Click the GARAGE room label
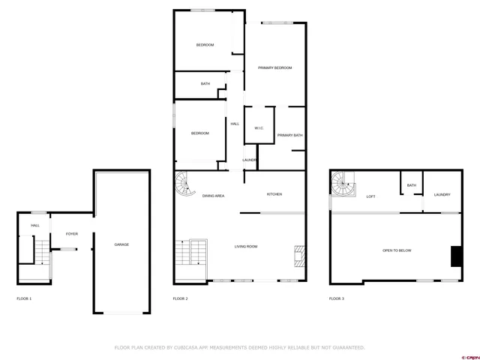click(121, 245)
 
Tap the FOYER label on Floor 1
click(72, 234)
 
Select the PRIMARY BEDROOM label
click(274, 68)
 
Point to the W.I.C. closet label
click(259, 128)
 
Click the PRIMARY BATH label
click(289, 135)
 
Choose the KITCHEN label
click(274, 195)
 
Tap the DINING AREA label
click(214, 196)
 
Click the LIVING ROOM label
click(247, 246)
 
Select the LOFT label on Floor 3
click(370, 196)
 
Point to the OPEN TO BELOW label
click(397, 250)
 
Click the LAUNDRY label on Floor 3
click(442, 195)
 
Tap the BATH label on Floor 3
click(412, 185)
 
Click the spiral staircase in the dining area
click(184, 182)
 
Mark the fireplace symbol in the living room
click(299, 256)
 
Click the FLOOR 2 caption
click(180, 298)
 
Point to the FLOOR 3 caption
click(337, 298)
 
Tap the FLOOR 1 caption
click(24, 298)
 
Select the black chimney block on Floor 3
click(454, 256)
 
